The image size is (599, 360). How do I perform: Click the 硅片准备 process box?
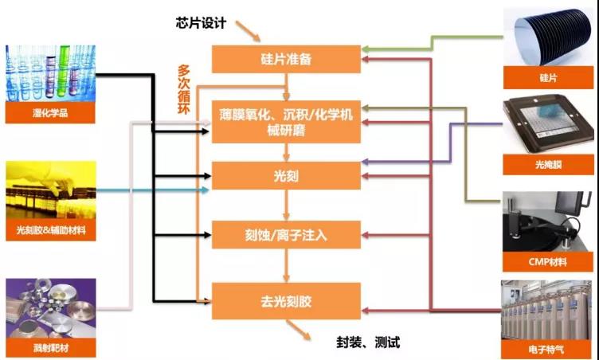(x=285, y=58)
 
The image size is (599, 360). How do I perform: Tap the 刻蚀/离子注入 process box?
(x=285, y=235)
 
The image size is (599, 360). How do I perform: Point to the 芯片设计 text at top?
(x=202, y=22)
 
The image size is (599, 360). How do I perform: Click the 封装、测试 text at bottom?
(x=367, y=343)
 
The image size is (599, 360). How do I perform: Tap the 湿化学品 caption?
(x=49, y=113)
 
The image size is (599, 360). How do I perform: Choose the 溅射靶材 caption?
(x=49, y=348)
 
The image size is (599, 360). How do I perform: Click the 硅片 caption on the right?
(x=549, y=77)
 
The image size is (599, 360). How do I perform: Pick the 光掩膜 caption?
(x=549, y=166)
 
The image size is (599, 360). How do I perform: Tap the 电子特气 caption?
(x=549, y=347)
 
